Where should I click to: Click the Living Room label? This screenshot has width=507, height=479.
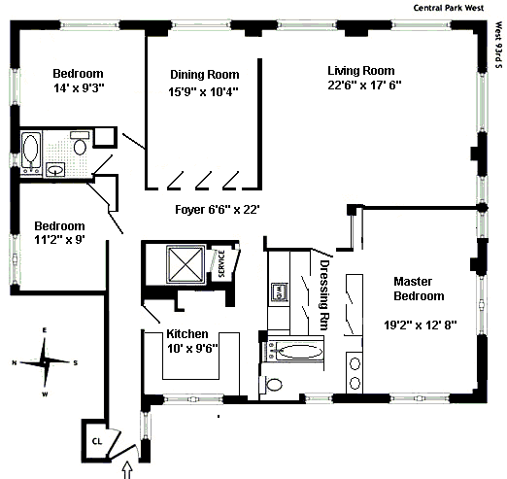[361, 71]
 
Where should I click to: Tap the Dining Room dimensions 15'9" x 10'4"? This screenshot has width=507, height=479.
[203, 92]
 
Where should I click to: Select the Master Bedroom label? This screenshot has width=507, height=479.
[419, 289]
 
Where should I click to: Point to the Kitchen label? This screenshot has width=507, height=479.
[187, 333]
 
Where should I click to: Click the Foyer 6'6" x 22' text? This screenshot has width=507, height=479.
[218, 210]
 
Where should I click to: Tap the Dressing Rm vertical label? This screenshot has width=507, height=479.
[324, 294]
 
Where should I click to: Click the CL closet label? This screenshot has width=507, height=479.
[97, 441]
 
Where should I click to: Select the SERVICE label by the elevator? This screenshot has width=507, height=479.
[221, 263]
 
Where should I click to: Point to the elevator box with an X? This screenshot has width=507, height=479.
[186, 264]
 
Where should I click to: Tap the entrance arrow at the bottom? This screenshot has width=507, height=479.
[127, 470]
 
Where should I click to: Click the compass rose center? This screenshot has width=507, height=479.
[45, 361]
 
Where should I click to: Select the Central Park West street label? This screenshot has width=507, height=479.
[449, 8]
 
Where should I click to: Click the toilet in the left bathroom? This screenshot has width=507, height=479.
[80, 143]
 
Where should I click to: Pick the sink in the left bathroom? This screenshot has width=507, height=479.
[55, 169]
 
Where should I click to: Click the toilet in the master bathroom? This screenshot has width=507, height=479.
[271, 385]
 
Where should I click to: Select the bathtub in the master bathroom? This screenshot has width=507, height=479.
[296, 351]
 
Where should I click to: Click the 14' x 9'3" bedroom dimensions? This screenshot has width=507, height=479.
[79, 87]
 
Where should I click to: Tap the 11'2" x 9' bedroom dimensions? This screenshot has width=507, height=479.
[59, 240]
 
